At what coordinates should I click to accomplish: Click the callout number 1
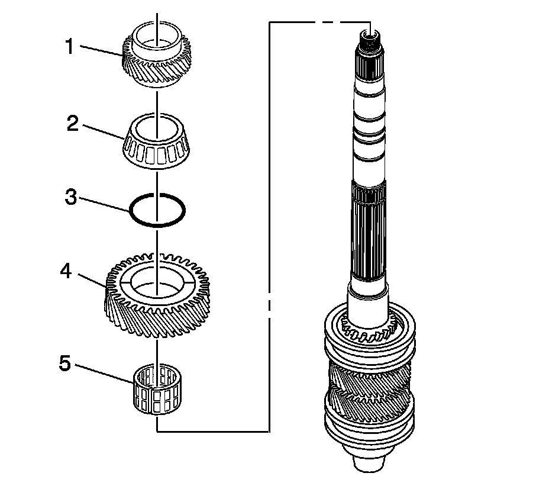point(69,46)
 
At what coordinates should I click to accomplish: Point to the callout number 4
point(66,271)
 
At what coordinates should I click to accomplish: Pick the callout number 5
point(64,363)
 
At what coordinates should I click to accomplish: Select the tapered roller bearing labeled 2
point(157,151)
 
